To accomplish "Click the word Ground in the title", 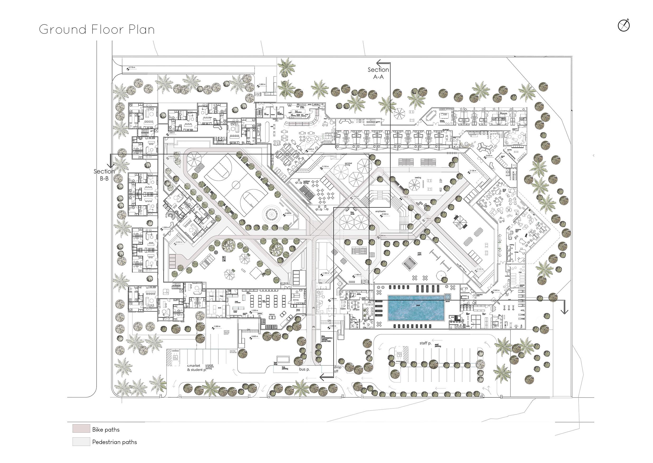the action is pyautogui.click(x=63, y=30).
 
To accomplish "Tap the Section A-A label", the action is pyautogui.click(x=378, y=73).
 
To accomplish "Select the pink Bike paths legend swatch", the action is pyautogui.click(x=81, y=429).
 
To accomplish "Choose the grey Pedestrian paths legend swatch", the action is pyautogui.click(x=81, y=442).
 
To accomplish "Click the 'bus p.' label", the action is pyautogui.click(x=304, y=369).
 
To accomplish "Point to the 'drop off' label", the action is pyautogui.click(x=337, y=369).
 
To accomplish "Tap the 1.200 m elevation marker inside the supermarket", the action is pyautogui.click(x=254, y=311).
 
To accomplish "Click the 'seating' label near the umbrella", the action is pyautogui.click(x=418, y=178).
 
